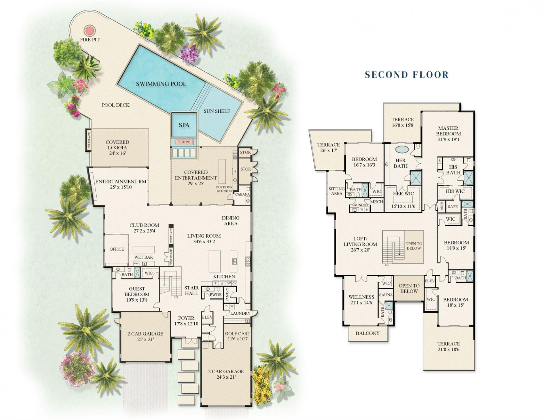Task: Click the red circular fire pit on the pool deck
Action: tap(90, 30)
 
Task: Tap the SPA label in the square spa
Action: tap(184, 125)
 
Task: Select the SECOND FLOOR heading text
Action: tap(407, 75)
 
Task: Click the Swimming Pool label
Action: tap(161, 84)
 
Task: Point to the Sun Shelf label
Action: tap(217, 111)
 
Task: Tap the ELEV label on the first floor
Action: tap(207, 317)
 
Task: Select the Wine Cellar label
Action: tap(171, 257)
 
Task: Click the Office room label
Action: tap(117, 249)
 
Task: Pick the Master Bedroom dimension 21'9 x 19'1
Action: tap(448, 139)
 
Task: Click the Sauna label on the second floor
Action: tap(386, 295)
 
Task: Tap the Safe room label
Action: tap(453, 207)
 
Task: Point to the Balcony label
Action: tap(367, 333)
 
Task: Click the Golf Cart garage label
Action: tap(237, 334)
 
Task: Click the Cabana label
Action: tap(242, 194)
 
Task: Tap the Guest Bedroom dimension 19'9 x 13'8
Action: tap(137, 300)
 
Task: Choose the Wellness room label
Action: tap(361, 297)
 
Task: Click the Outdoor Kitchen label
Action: tap(224, 189)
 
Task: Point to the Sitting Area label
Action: tap(337, 191)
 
